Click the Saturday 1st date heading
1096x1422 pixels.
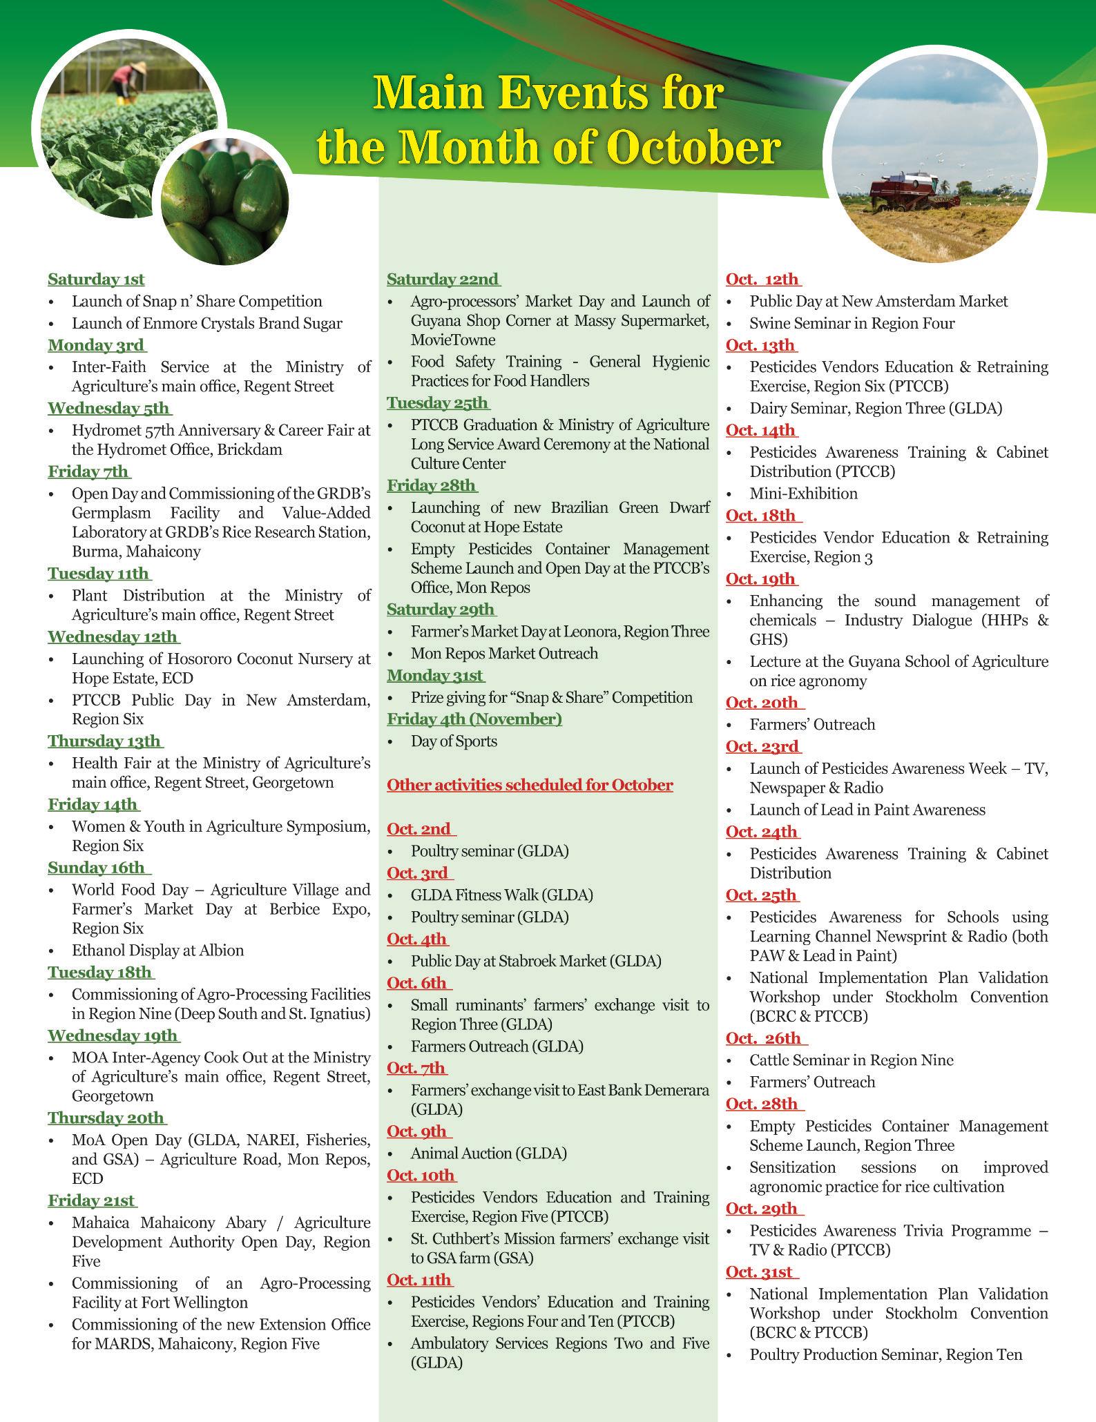[x=96, y=280]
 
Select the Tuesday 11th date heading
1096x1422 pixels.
[x=99, y=574]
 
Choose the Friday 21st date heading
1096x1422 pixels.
[x=92, y=1200]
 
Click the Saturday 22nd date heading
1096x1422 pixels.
[x=442, y=280]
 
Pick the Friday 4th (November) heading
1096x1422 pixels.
[x=474, y=719]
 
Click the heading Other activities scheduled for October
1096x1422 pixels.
[x=530, y=785]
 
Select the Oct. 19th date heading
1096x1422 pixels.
[x=760, y=579]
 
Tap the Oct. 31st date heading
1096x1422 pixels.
[x=760, y=1272]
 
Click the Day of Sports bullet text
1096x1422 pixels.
[x=454, y=741]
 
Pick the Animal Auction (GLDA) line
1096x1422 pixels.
[x=488, y=1153]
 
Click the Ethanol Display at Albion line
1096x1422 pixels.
[x=157, y=951]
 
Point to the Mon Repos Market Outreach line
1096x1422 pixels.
[x=504, y=653]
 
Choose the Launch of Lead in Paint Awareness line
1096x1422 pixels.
[x=867, y=810]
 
